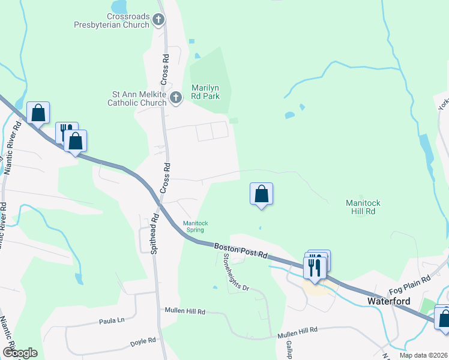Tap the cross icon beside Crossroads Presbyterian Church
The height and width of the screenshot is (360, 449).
[158, 21]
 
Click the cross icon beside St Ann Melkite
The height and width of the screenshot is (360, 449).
[176, 98]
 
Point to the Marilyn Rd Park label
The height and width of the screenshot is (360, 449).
[205, 92]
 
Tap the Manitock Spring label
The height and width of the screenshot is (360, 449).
[196, 226]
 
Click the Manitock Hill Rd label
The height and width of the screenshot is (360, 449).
[363, 207]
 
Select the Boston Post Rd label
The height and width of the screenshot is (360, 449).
[241, 250]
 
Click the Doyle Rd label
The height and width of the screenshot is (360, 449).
[143, 343]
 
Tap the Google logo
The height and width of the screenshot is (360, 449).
[20, 353]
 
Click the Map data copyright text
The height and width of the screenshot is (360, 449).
[423, 355]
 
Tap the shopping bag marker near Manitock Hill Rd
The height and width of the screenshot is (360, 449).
[261, 194]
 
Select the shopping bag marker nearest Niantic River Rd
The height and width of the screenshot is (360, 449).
[38, 113]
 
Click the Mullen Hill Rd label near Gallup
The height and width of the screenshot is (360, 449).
[298, 331]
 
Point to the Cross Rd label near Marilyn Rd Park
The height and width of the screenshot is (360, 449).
[164, 68]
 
